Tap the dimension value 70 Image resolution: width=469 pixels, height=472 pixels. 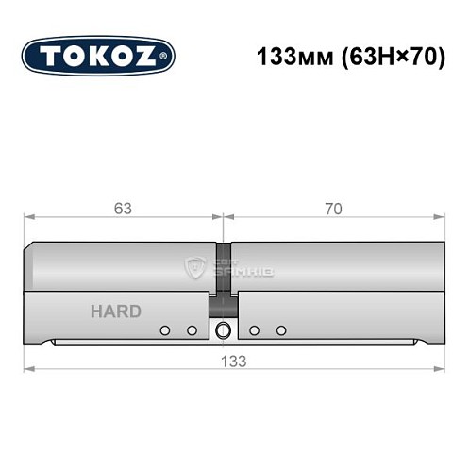pos(332,209)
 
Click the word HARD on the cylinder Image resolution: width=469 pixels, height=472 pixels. pos(116,312)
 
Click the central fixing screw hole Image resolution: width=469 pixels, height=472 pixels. pos(223,330)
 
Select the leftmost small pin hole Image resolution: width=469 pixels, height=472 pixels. pos(165,330)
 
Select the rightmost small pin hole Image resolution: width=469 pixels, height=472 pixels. pos(281,330)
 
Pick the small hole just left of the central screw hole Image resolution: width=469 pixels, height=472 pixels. pos(192,330)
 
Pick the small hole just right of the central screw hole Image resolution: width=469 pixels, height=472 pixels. pos(255,330)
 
